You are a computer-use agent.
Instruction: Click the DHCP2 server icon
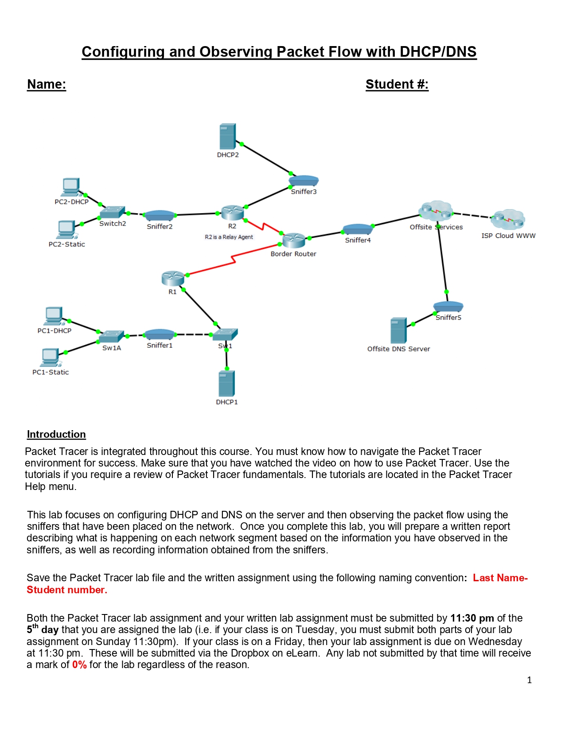tap(227, 136)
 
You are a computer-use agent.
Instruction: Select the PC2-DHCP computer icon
tap(71, 187)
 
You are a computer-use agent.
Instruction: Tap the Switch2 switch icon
tap(112, 212)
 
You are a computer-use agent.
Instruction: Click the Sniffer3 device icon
tap(304, 181)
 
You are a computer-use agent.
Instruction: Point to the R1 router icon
tap(173, 278)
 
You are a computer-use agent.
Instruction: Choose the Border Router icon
tap(294, 240)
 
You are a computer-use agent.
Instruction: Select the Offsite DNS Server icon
tap(398, 330)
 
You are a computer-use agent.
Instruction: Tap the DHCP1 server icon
tap(226, 384)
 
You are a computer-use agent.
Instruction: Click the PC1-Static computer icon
tap(50, 357)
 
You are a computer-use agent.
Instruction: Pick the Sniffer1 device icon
tap(160, 334)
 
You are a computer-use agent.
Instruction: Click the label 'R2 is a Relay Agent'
tap(229, 237)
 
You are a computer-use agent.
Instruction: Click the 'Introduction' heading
tap(56, 434)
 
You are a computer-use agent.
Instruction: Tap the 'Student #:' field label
tap(397, 84)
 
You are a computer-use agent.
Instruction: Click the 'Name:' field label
tap(47, 84)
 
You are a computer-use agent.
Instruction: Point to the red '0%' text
tap(79, 665)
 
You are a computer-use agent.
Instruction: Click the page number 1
tap(529, 680)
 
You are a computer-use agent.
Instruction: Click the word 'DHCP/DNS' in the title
tap(438, 52)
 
